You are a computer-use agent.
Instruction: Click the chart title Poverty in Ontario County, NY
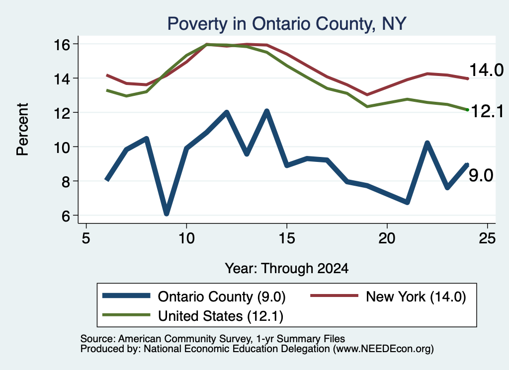[287, 24]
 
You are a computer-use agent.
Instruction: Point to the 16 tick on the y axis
[77, 44]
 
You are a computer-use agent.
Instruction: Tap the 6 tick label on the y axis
[66, 216]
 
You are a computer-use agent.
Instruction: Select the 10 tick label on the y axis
[62, 147]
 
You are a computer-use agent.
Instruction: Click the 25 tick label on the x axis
[487, 239]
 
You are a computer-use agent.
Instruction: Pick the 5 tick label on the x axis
[86, 239]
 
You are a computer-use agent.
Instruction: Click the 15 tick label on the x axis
[287, 239]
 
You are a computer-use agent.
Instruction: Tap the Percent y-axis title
[23, 130]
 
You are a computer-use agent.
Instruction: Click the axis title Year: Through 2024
[287, 269]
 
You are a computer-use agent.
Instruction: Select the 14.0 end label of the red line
[486, 70]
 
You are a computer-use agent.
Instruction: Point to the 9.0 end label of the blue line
[481, 175]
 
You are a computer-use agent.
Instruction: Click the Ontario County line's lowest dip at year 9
[166, 213]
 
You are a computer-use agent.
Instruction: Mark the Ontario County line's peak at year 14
[267, 111]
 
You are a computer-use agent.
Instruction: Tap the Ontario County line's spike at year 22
[427, 143]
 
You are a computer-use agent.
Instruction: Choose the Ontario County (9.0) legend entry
[194, 296]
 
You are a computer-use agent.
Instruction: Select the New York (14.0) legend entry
[388, 296]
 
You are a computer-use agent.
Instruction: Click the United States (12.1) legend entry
[193, 316]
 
